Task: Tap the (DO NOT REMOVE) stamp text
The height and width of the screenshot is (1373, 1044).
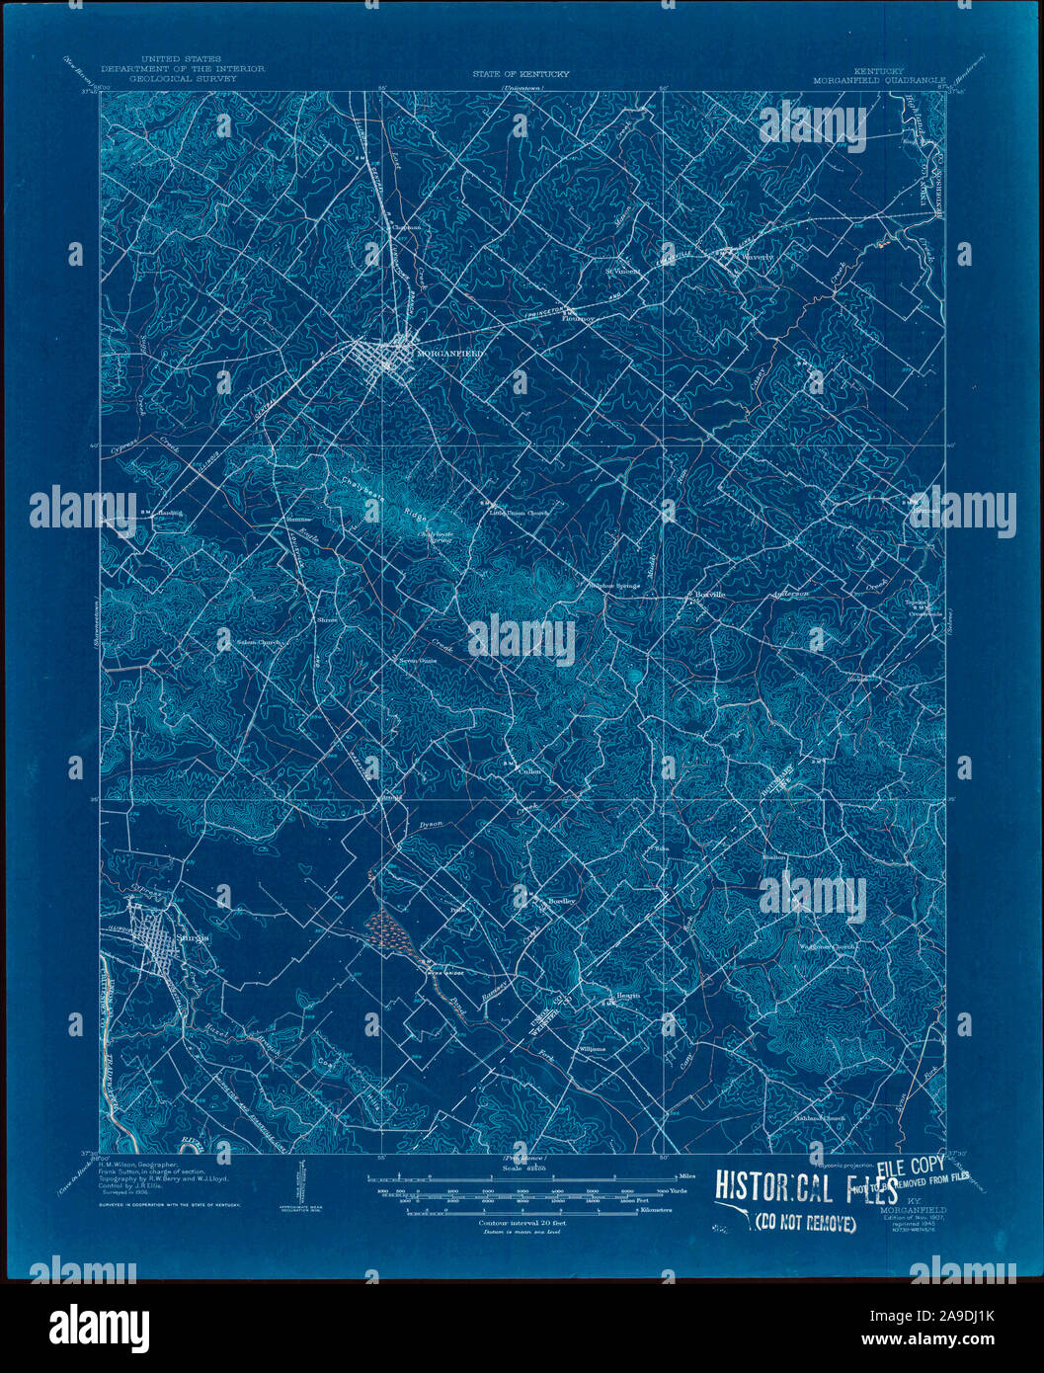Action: click(x=805, y=1224)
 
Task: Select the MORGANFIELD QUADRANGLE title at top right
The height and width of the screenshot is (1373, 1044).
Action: click(x=879, y=79)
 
